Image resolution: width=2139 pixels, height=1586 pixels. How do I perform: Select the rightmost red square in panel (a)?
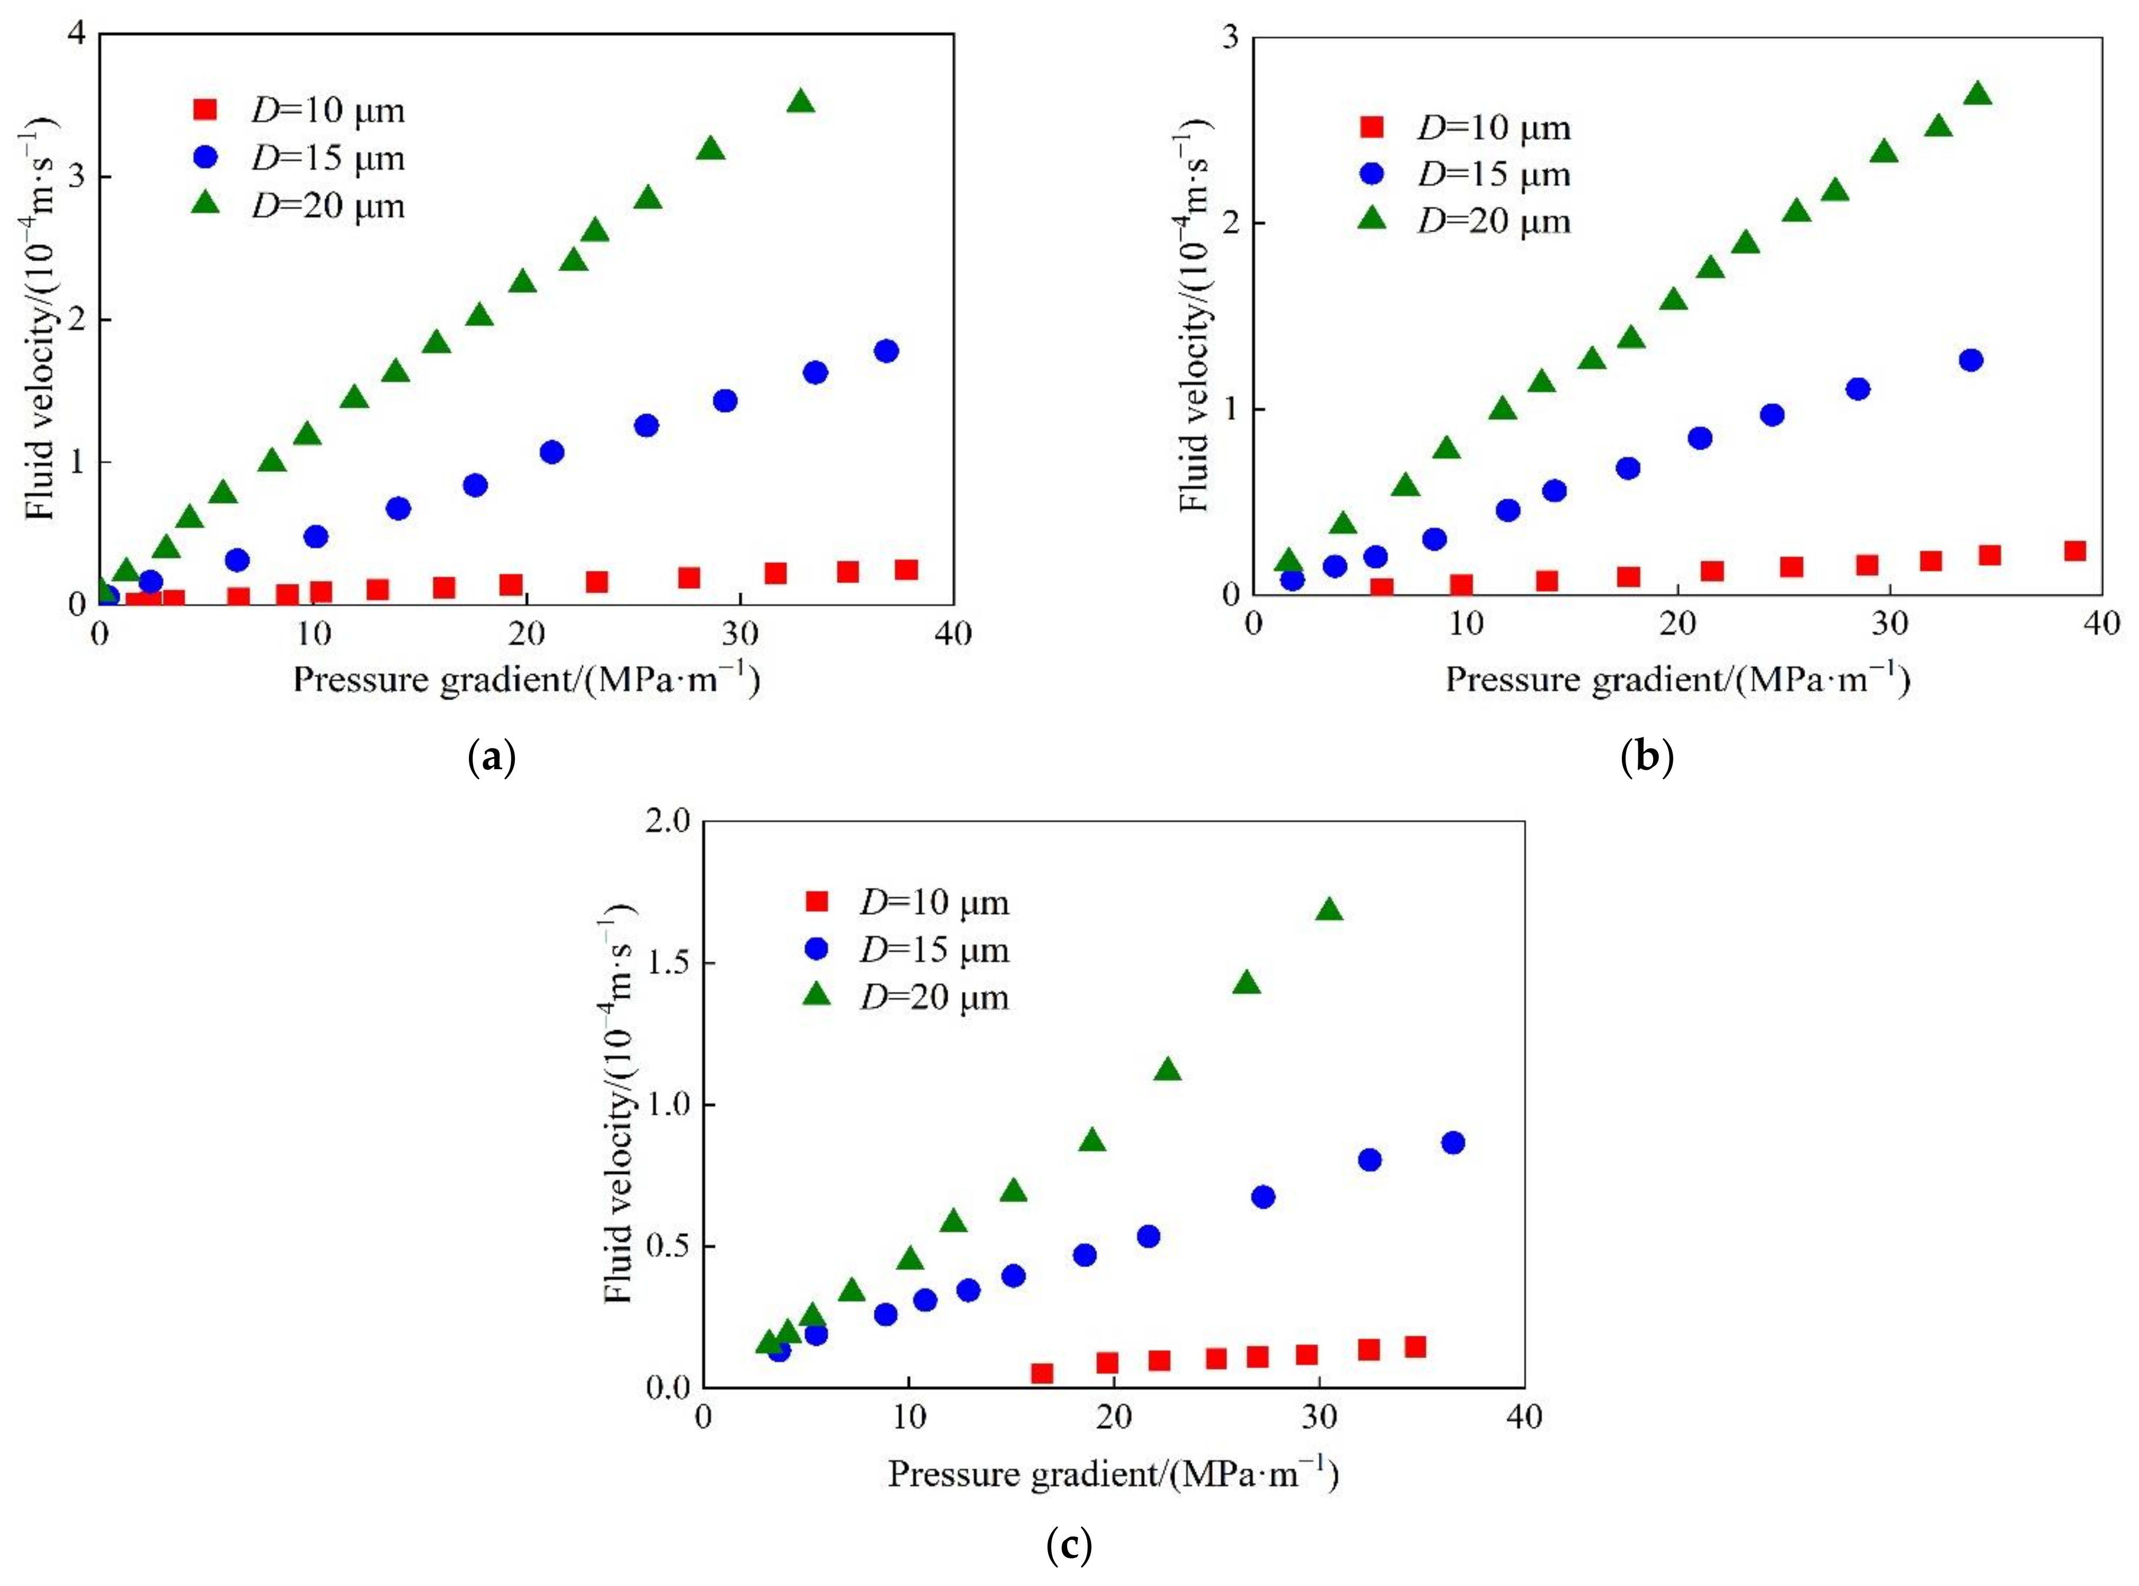pos(906,569)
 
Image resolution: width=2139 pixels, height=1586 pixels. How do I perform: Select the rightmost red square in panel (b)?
pos(2075,550)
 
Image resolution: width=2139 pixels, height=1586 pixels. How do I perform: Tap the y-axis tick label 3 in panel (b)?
pos(1229,38)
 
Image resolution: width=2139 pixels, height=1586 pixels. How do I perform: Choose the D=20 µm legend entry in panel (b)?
pos(1494,222)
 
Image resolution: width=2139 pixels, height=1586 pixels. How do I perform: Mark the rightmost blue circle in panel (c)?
pos(1452,1143)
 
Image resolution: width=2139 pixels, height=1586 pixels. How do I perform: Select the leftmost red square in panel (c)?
pos(1042,1374)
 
